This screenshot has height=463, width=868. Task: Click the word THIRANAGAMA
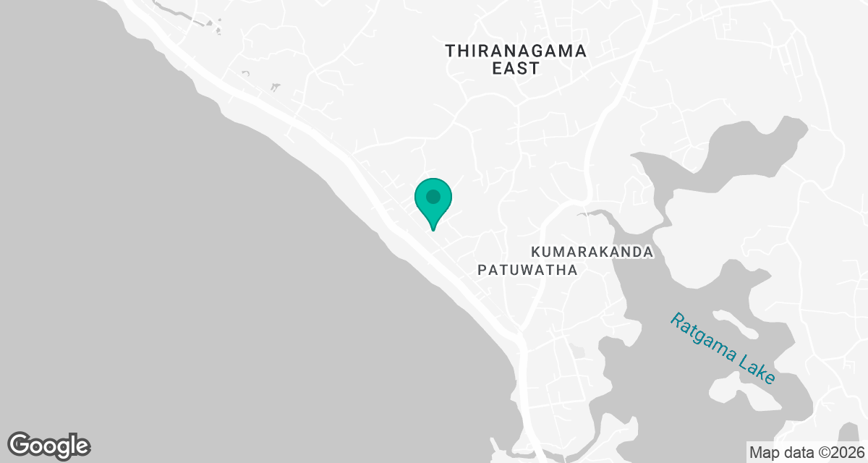516,51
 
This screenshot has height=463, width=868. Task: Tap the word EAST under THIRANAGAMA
516,69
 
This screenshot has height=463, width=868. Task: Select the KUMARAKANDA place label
592,252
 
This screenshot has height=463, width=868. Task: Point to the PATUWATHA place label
528,270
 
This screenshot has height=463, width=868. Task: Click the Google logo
49,445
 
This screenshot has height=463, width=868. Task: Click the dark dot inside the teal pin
433,197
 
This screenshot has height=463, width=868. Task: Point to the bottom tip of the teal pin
433,229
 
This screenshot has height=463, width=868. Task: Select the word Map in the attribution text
762,452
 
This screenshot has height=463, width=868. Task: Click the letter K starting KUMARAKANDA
536,252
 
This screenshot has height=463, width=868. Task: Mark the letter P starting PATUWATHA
482,270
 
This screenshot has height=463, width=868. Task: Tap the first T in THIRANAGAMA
451,51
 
